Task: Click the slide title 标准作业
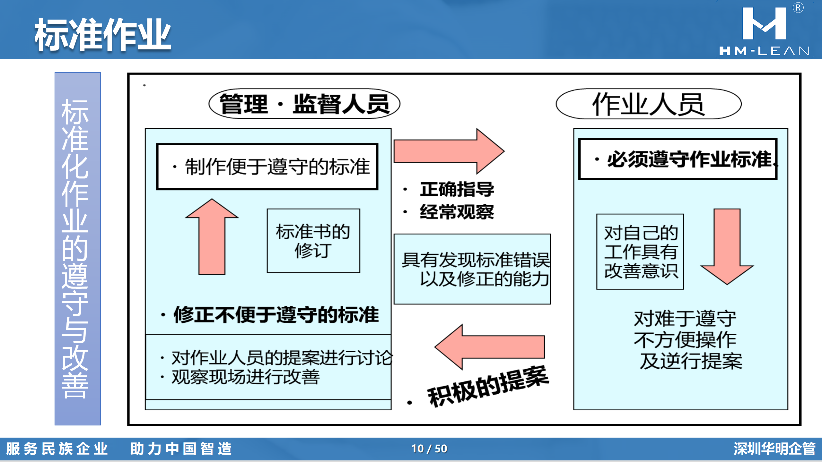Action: pyautogui.click(x=103, y=35)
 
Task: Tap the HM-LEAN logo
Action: pyautogui.click(x=764, y=31)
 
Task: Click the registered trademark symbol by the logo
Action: pyautogui.click(x=798, y=8)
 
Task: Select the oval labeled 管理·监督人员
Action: pyautogui.click(x=304, y=104)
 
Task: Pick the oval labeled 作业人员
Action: pyautogui.click(x=649, y=104)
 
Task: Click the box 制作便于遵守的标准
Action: pyautogui.click(x=267, y=167)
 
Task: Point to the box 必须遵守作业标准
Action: pyautogui.click(x=678, y=159)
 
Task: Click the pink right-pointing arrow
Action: pyautogui.click(x=449, y=151)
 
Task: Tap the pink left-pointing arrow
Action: pyautogui.click(x=490, y=347)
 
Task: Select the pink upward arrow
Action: pyautogui.click(x=212, y=236)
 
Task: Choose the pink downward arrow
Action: pyautogui.click(x=727, y=246)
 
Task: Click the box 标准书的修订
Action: pyautogui.click(x=313, y=241)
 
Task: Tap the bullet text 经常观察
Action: pyautogui.click(x=457, y=212)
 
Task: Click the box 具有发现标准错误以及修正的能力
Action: pyautogui.click(x=472, y=269)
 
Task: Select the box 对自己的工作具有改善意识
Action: pyautogui.click(x=640, y=252)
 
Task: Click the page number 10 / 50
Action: pyautogui.click(x=429, y=449)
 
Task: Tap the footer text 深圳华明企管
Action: pyautogui.click(x=774, y=449)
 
